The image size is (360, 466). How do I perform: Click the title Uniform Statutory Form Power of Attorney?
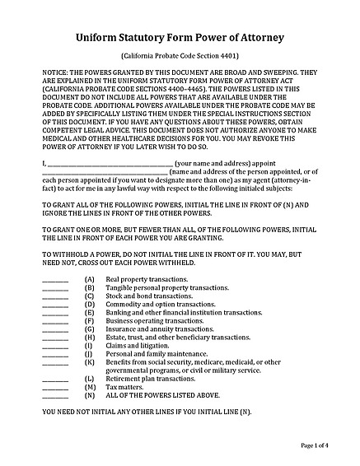tap(180, 37)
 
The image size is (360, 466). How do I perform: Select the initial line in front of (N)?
tap(54, 395)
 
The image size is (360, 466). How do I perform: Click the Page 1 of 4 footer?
tap(315, 445)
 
